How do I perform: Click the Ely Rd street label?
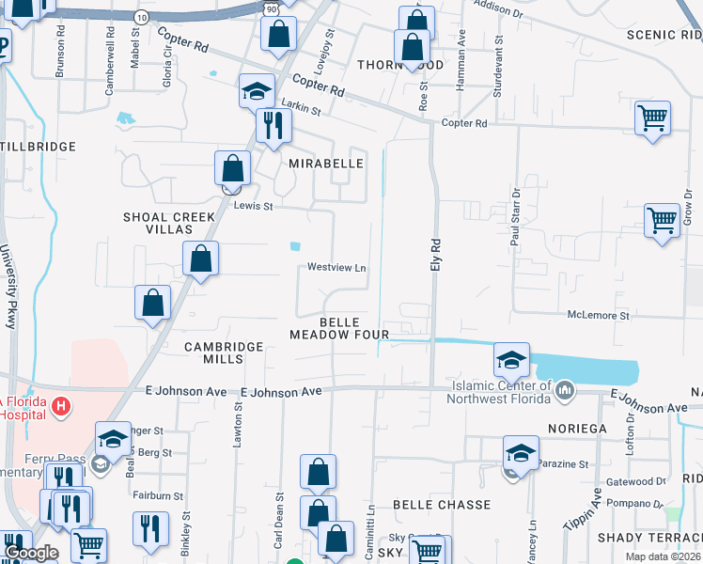pos(435,255)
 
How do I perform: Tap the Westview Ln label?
pos(336,268)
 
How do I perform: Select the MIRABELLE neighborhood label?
pos(326,163)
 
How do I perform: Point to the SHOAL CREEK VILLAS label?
pos(169,223)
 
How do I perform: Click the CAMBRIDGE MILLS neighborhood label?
pos(224,352)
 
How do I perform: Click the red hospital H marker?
pos(61,406)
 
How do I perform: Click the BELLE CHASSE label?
pos(442,505)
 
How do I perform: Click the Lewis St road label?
pos(253,206)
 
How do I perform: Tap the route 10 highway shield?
pos(140,18)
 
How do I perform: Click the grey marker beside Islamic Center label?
pos(565,389)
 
